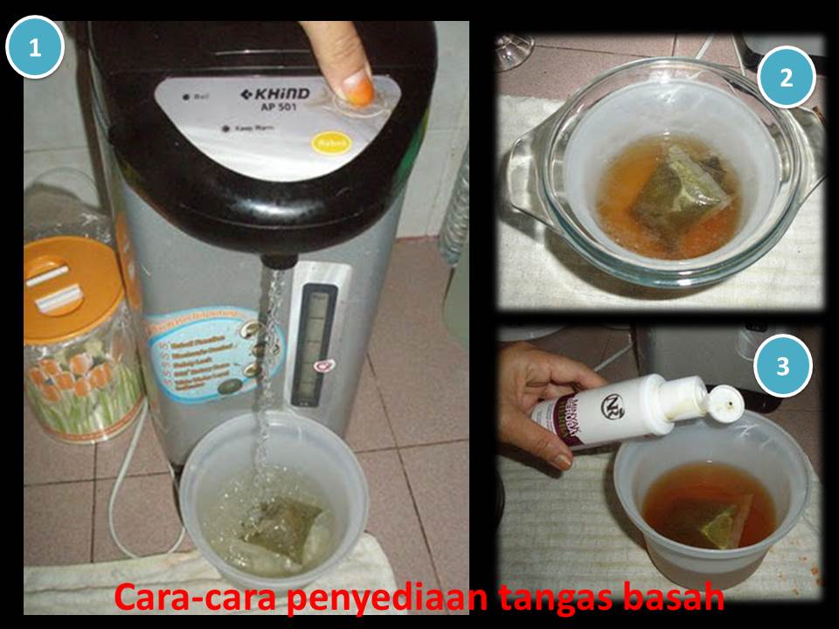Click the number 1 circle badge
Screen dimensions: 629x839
tap(35, 48)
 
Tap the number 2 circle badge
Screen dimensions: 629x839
tap(787, 78)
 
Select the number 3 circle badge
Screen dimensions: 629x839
tap(782, 365)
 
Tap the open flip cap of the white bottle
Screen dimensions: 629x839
tap(722, 402)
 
